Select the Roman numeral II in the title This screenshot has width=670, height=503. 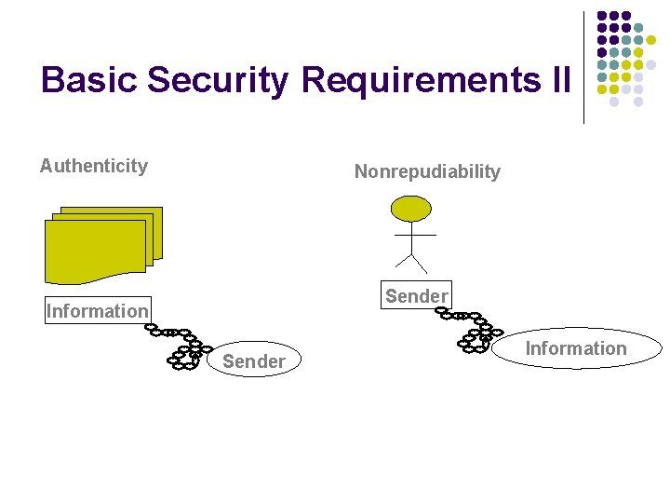click(x=558, y=80)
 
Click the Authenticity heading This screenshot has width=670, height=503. click(x=93, y=166)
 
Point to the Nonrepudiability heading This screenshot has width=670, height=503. click(x=427, y=171)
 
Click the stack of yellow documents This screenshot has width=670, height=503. click(x=102, y=244)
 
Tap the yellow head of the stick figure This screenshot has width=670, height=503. click(x=410, y=208)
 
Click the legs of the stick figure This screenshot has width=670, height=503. click(x=410, y=261)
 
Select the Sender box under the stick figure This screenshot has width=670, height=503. click(x=416, y=296)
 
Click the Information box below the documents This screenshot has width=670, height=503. click(x=98, y=311)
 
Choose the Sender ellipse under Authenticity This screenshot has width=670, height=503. click(x=254, y=361)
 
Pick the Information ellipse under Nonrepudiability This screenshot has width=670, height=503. click(x=576, y=348)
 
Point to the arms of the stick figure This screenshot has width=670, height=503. click(x=410, y=235)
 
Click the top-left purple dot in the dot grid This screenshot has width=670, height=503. click(x=602, y=16)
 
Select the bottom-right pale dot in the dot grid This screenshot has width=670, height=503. click(x=638, y=102)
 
